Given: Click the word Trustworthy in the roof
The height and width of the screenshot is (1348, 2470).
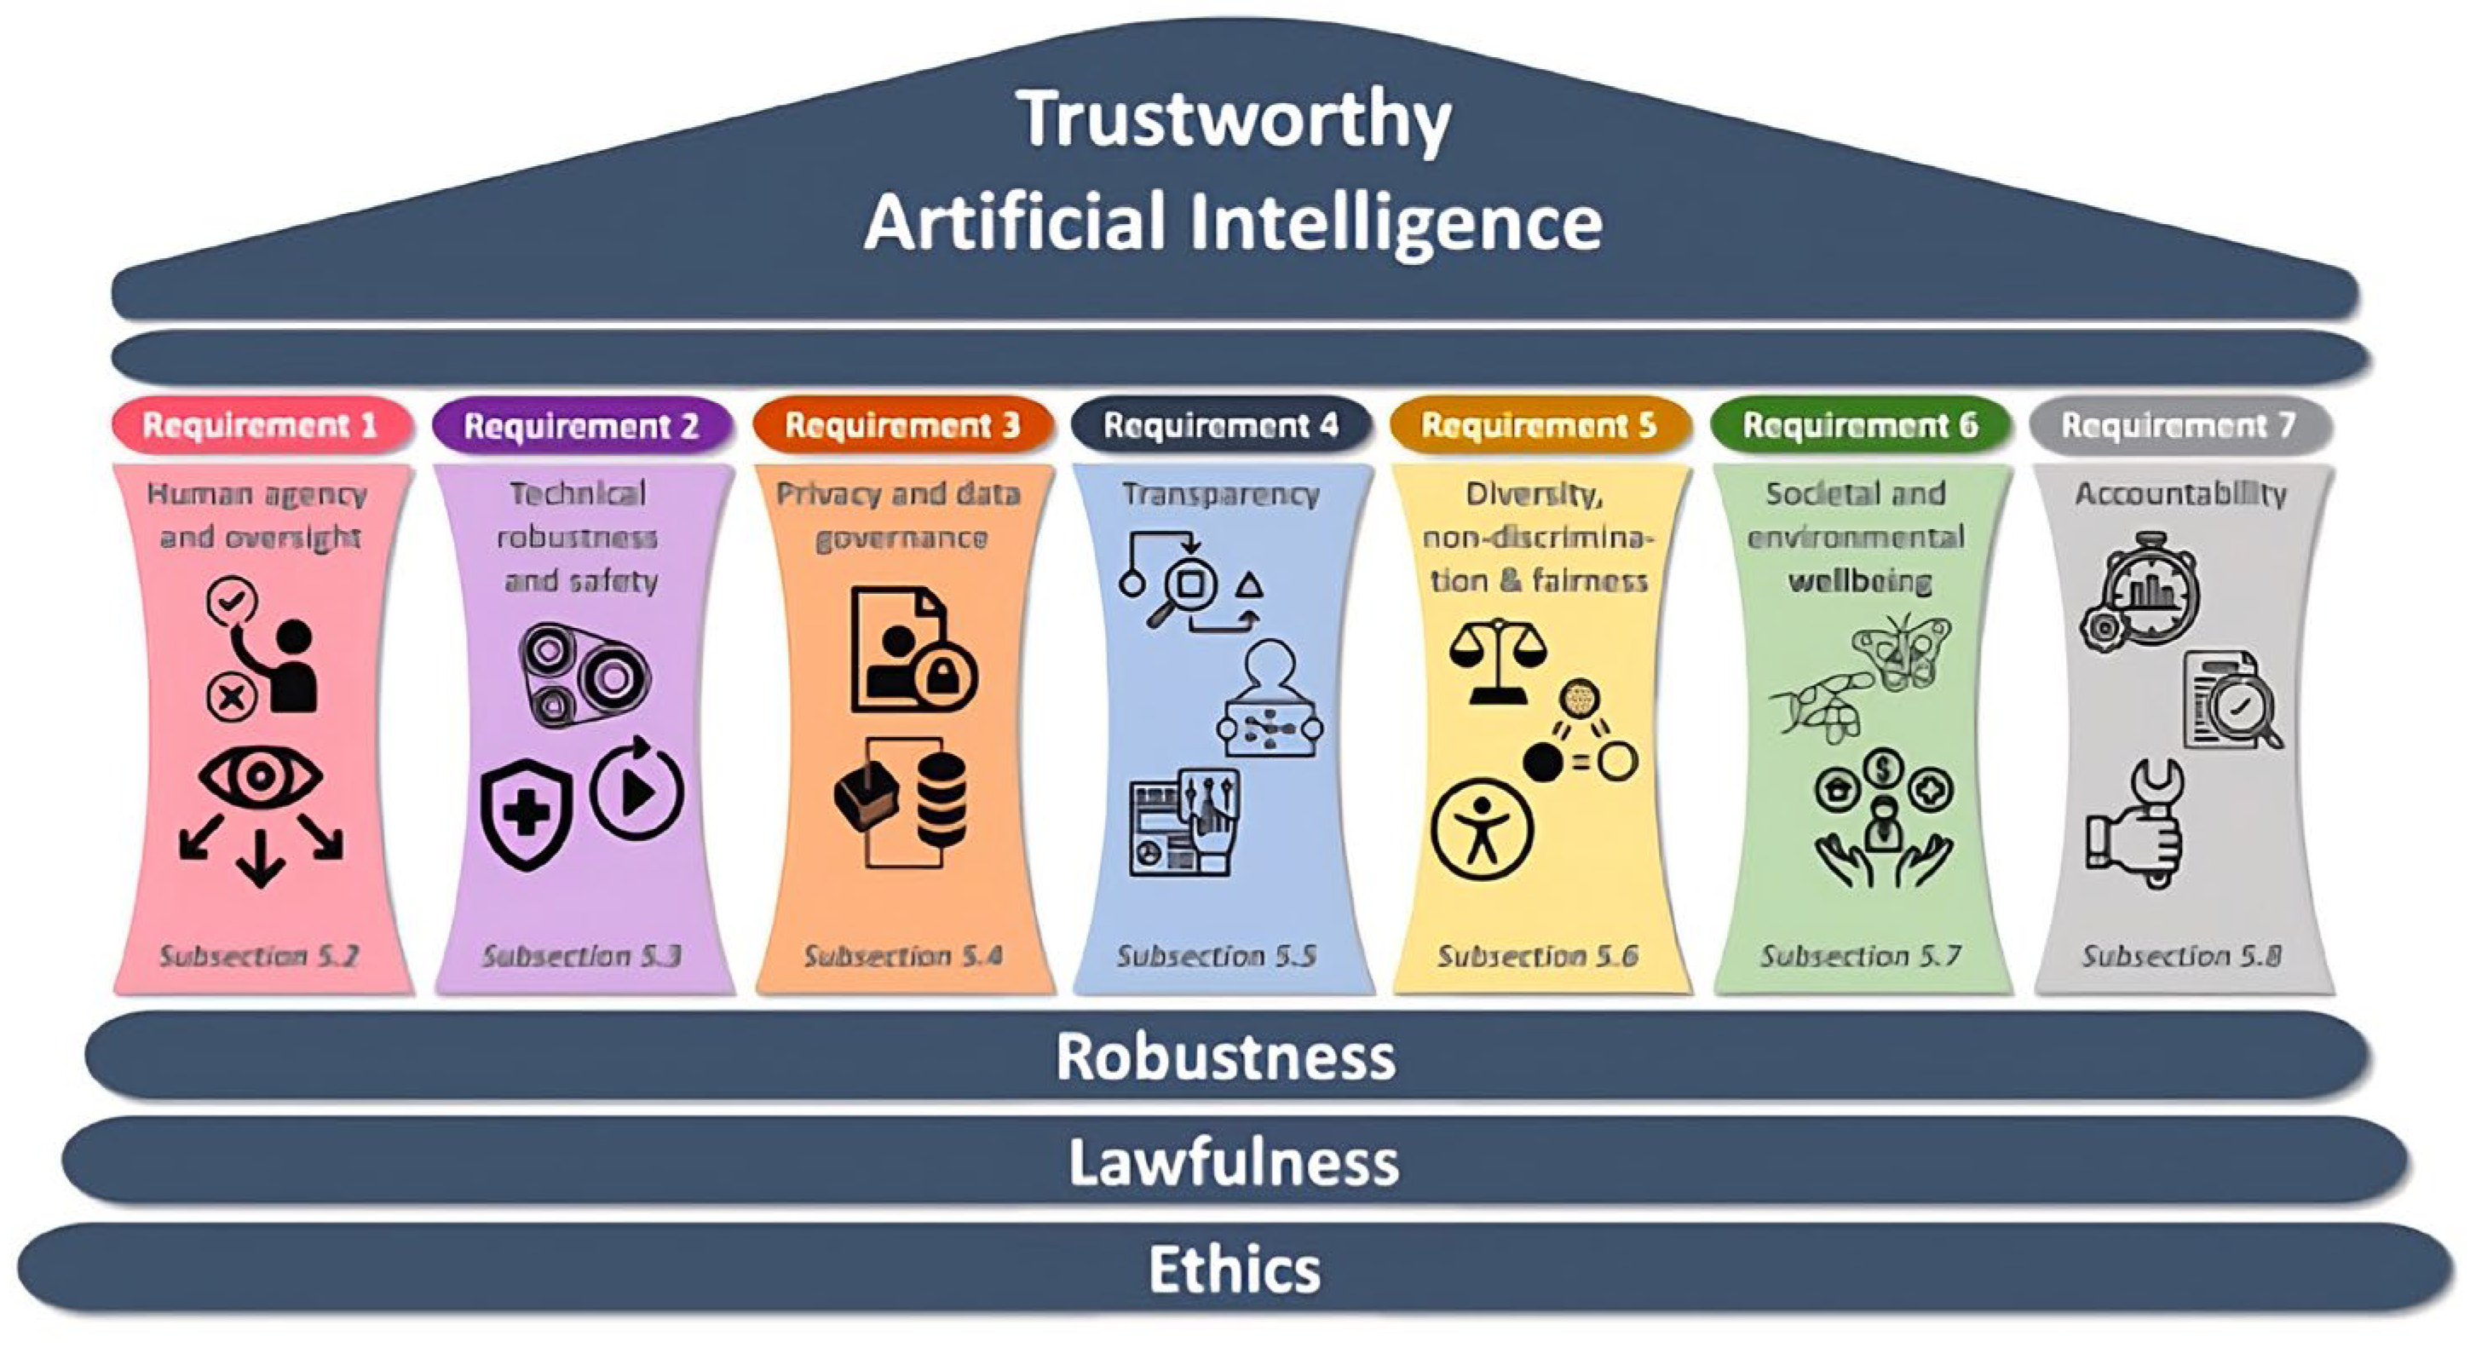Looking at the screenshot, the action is (x=1235, y=121).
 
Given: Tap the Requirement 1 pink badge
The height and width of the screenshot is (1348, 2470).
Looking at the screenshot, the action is (x=261, y=424).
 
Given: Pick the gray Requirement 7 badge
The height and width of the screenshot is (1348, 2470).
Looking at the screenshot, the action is (x=2179, y=424).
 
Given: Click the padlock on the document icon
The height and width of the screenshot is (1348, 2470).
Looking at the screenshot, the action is (x=945, y=678).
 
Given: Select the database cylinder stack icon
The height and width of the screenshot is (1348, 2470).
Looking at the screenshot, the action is (x=941, y=798).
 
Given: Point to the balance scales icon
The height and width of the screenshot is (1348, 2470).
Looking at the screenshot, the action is (x=1498, y=660).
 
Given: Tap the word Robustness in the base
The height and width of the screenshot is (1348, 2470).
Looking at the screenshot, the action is (x=1225, y=1056).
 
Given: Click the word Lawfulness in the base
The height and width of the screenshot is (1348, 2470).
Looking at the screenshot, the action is (x=1234, y=1161).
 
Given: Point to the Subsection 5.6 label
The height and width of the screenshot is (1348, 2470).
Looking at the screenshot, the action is (x=1537, y=956).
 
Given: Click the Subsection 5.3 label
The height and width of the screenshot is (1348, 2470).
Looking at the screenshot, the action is (x=582, y=956).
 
